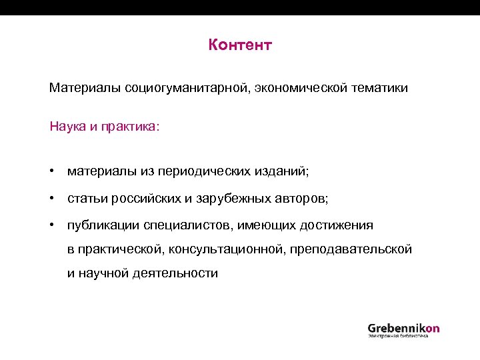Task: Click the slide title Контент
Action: coord(240,45)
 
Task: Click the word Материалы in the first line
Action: coord(85,88)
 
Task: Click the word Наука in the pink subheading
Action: coord(65,126)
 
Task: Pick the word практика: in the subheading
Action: coord(130,126)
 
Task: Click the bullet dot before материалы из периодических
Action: coord(51,171)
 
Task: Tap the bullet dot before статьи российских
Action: coord(51,198)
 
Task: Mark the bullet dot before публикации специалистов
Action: coord(51,225)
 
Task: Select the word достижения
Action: coord(335,225)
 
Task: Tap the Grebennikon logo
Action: coord(403,330)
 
